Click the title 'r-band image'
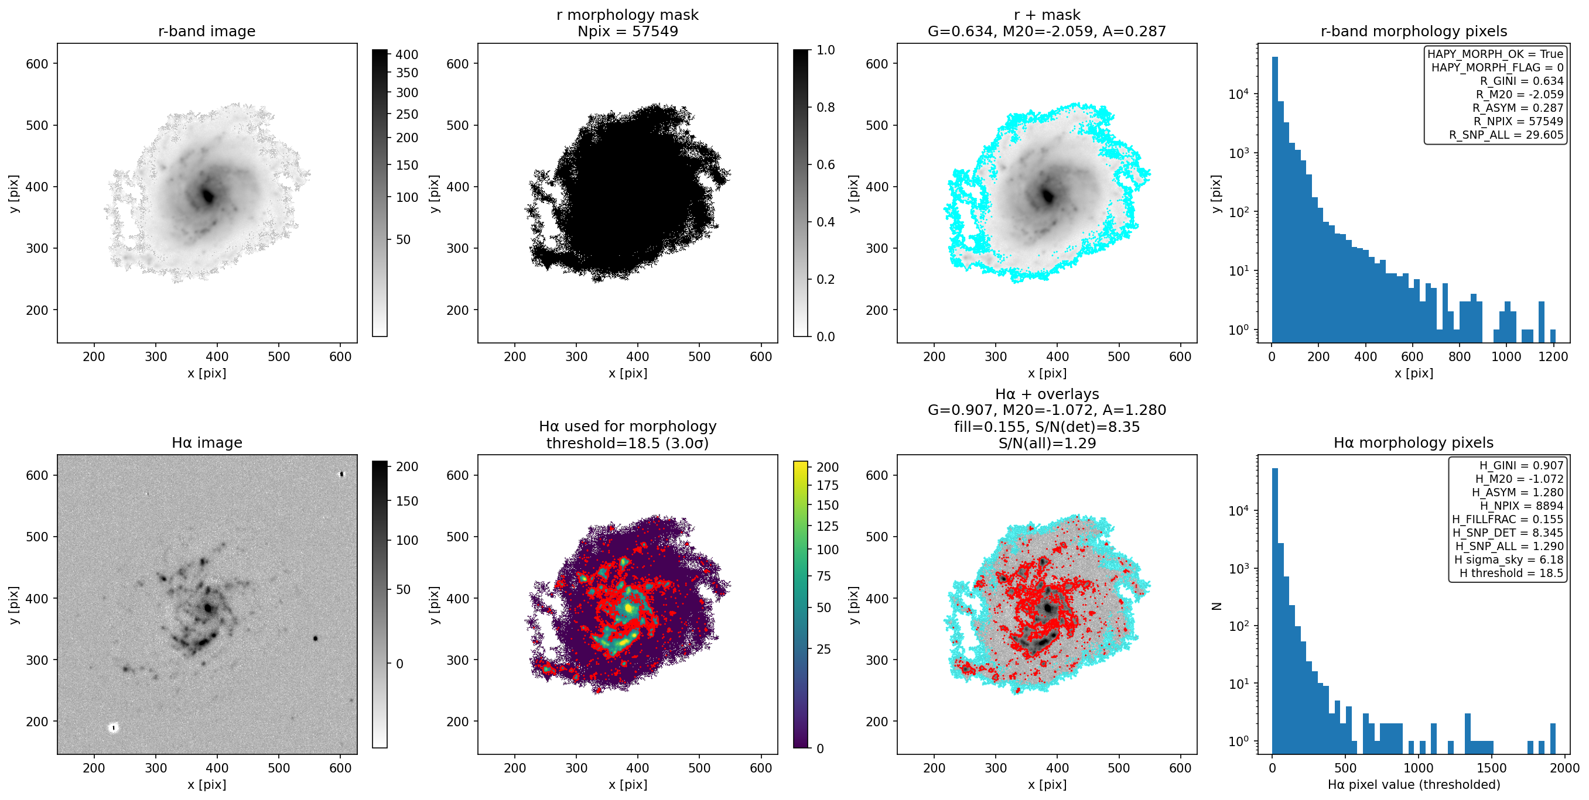[x=207, y=32]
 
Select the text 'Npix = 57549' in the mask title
[x=627, y=32]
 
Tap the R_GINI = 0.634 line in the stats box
[x=1521, y=81]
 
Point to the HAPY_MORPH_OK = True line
[x=1495, y=54]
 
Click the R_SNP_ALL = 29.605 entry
[x=1506, y=135]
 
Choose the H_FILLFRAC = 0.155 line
[x=1508, y=519]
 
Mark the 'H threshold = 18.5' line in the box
[x=1511, y=573]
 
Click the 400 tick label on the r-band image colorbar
[x=407, y=55]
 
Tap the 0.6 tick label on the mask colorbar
[x=826, y=164]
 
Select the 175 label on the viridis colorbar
[x=827, y=486]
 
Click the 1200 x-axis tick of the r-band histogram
[x=1553, y=357]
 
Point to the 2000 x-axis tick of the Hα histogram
[x=1564, y=768]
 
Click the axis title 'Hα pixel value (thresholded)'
[x=1414, y=785]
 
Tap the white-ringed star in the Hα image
[x=114, y=728]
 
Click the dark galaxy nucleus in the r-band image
[x=208, y=196]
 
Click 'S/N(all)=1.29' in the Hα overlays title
[x=1047, y=443]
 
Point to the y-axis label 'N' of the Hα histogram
[x=1216, y=606]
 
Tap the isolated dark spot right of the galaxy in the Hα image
[x=315, y=638]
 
